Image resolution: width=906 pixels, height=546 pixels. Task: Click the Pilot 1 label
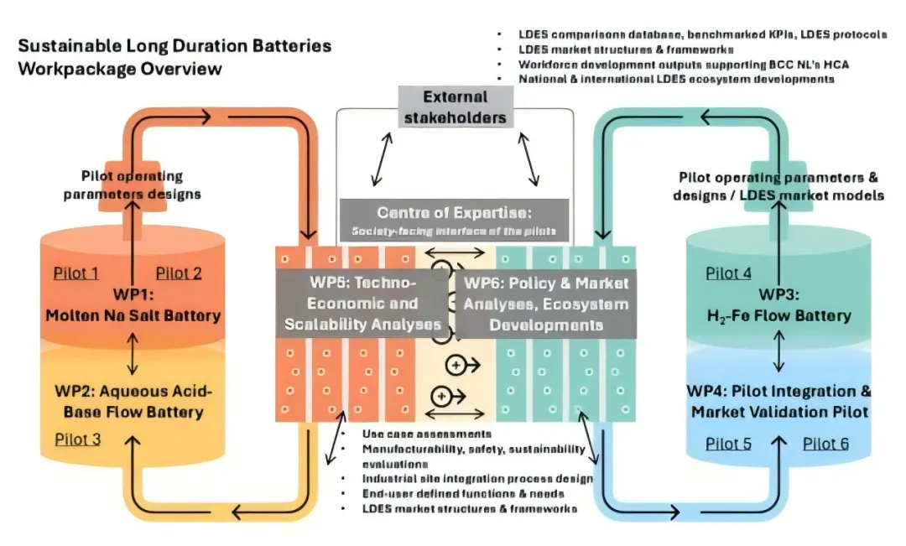pos(76,273)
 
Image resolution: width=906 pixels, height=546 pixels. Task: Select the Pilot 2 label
pos(179,273)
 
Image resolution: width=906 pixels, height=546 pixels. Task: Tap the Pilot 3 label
pos(77,439)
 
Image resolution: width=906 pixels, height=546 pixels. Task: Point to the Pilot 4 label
pos(728,273)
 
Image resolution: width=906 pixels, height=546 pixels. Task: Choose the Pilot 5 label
pos(728,444)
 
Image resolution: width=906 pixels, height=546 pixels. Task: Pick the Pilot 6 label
pos(825,444)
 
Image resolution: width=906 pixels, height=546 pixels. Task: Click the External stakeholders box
pos(455,107)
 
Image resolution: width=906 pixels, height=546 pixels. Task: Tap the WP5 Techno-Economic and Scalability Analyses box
pos(362,303)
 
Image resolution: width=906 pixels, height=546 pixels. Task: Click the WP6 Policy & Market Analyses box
pos(545,303)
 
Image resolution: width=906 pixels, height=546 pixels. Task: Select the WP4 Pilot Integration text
pos(779,402)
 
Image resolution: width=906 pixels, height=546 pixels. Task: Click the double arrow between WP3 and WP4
pos(780,353)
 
